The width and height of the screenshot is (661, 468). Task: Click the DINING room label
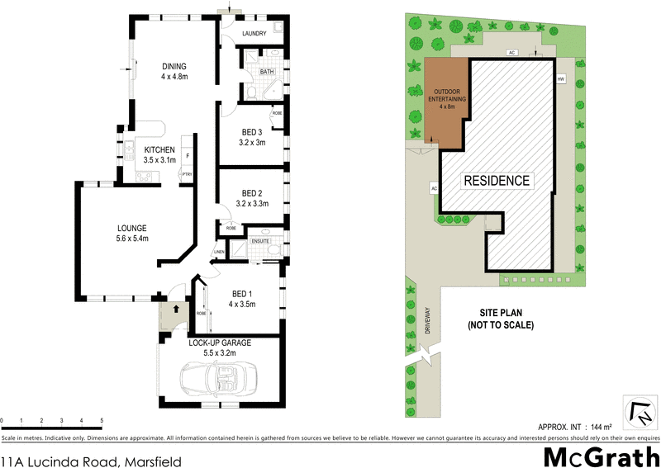pyautogui.click(x=174, y=67)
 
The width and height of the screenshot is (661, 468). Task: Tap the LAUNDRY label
pyautogui.click(x=254, y=33)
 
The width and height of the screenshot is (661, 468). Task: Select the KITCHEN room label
pyautogui.click(x=159, y=149)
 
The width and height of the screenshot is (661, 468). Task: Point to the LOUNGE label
pyautogui.click(x=132, y=228)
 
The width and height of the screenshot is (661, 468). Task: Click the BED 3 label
pyautogui.click(x=252, y=132)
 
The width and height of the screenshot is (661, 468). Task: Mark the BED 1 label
pyautogui.click(x=243, y=294)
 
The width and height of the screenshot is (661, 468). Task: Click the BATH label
pyautogui.click(x=266, y=72)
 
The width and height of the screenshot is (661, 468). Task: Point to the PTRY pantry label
pyautogui.click(x=188, y=174)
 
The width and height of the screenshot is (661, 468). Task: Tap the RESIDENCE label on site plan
pyautogui.click(x=496, y=180)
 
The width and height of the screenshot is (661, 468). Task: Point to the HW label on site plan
pyautogui.click(x=560, y=79)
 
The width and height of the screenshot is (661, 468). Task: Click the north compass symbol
pyautogui.click(x=640, y=410)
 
